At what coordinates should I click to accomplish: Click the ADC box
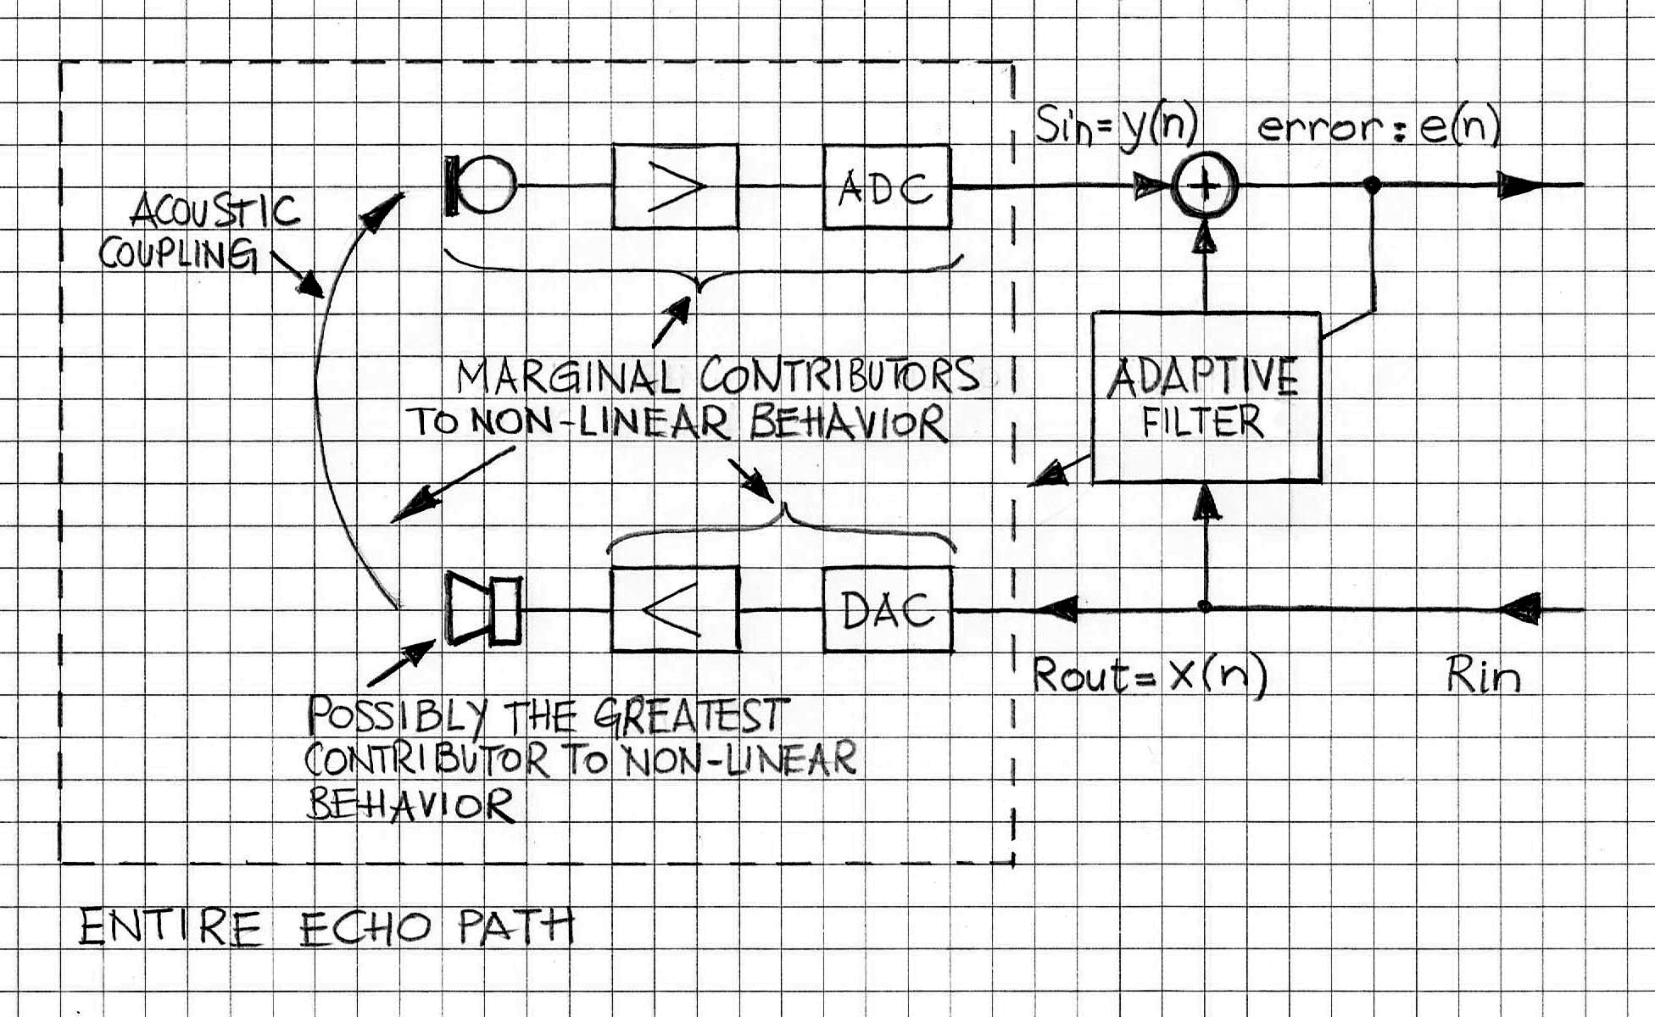[x=887, y=187]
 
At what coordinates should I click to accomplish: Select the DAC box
[x=888, y=609]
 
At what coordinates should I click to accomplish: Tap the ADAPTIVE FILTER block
[x=1206, y=397]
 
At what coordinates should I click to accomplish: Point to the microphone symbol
[x=480, y=185]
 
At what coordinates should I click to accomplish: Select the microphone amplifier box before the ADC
[x=676, y=186]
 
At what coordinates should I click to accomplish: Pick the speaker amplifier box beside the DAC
[x=675, y=609]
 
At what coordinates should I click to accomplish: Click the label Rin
[x=1484, y=676]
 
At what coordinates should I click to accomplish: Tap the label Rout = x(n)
[x=1149, y=675]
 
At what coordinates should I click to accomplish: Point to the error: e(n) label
[x=1379, y=128]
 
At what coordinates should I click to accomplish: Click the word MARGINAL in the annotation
[x=568, y=377]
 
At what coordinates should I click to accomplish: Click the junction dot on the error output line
[x=1373, y=185]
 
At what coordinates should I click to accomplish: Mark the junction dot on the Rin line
[x=1205, y=607]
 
